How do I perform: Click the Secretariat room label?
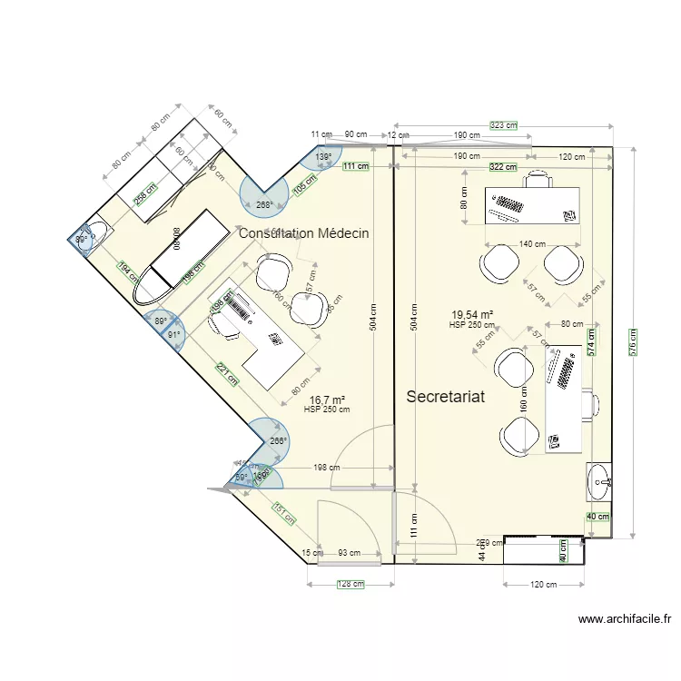coord(445,397)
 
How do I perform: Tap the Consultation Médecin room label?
coord(303,233)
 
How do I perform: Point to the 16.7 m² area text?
coord(327,400)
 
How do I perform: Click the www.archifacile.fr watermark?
coord(625,619)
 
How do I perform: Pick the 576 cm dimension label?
coord(634,341)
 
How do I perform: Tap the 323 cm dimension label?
coord(503,125)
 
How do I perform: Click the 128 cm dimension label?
coord(350,585)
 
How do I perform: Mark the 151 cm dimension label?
coord(284,515)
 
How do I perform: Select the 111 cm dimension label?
coord(356,166)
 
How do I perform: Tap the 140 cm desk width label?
coord(532,244)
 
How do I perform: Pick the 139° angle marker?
coord(323,157)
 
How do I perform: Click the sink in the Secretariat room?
coord(597,481)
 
